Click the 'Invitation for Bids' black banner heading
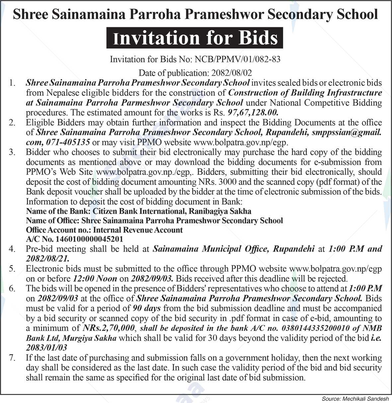[195, 38]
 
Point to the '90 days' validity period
[146, 308]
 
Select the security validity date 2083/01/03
[46, 348]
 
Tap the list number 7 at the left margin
[12, 358]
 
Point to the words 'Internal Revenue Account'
[138, 230]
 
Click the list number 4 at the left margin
[12, 249]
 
